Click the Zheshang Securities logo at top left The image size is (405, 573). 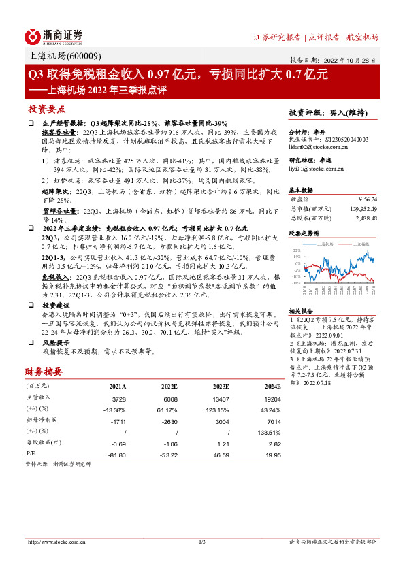click(x=54, y=35)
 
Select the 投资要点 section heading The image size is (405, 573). click(x=46, y=109)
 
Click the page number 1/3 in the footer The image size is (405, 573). click(x=201, y=542)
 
